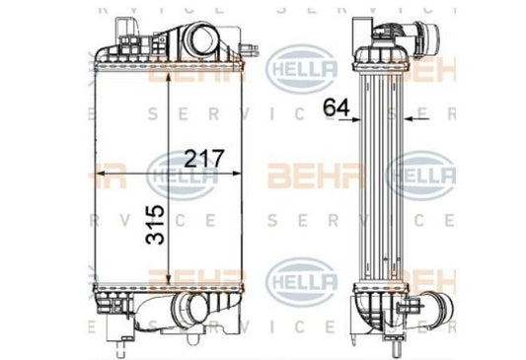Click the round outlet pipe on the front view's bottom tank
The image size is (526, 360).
(x=188, y=312)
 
